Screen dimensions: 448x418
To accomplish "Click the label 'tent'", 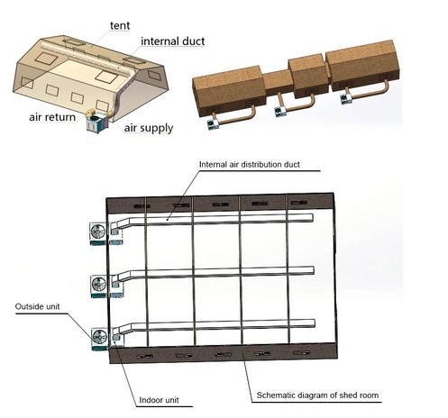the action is point(120,25).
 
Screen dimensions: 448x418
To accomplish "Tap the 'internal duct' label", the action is point(173,41).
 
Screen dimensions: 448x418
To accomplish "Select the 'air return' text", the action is point(52,117).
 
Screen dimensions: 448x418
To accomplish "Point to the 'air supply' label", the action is point(149,128).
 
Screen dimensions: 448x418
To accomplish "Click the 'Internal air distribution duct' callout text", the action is point(250,165).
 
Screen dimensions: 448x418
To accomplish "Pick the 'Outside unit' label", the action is point(37,306).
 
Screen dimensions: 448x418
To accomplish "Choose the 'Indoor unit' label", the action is point(159,400).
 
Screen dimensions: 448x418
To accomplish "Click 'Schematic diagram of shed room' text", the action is point(317,395).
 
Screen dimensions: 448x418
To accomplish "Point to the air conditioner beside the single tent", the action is point(97,123).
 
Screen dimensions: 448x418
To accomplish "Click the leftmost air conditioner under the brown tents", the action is point(213,124).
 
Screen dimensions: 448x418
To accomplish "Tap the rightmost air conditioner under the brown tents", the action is point(346,99).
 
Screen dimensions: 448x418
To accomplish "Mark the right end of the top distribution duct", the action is point(313,218).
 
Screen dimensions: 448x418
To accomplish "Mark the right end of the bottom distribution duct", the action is point(315,323).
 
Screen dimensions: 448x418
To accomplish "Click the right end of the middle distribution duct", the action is point(314,270).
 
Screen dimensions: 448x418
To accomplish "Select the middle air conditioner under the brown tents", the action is point(280,111).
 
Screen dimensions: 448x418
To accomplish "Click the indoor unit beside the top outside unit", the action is point(115,233).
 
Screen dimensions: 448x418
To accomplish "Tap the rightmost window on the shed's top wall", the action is point(299,203).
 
